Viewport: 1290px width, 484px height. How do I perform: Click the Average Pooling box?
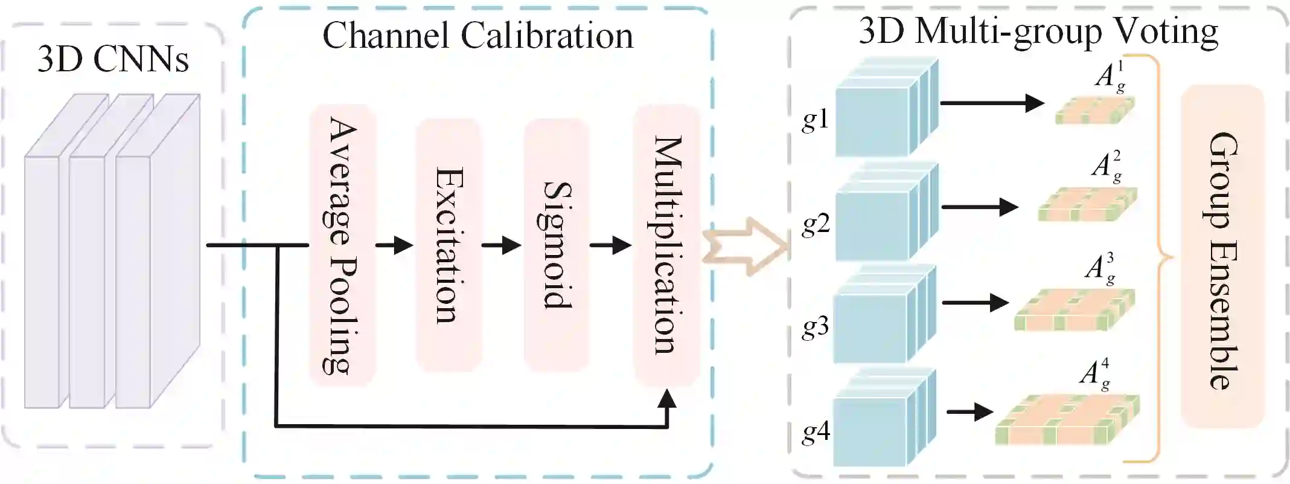point(342,245)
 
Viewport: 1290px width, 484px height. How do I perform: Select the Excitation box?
point(449,245)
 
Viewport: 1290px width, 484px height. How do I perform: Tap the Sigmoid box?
point(556,245)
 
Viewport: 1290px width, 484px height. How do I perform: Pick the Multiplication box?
point(666,245)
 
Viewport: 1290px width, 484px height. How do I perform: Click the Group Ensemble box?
point(1222,257)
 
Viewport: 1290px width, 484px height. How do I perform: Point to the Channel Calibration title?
point(477,36)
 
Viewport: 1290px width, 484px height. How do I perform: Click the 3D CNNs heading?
point(113,59)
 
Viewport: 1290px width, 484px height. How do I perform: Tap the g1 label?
point(816,120)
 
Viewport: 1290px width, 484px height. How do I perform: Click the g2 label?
point(816,224)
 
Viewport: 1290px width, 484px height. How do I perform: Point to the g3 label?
point(816,327)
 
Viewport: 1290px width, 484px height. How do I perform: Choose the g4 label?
point(816,431)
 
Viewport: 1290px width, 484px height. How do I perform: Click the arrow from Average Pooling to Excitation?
point(394,245)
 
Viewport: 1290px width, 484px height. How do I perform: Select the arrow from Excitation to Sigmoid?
point(501,245)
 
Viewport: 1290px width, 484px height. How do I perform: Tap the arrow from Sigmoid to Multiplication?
point(610,245)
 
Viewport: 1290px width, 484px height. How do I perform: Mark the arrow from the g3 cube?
point(975,302)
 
